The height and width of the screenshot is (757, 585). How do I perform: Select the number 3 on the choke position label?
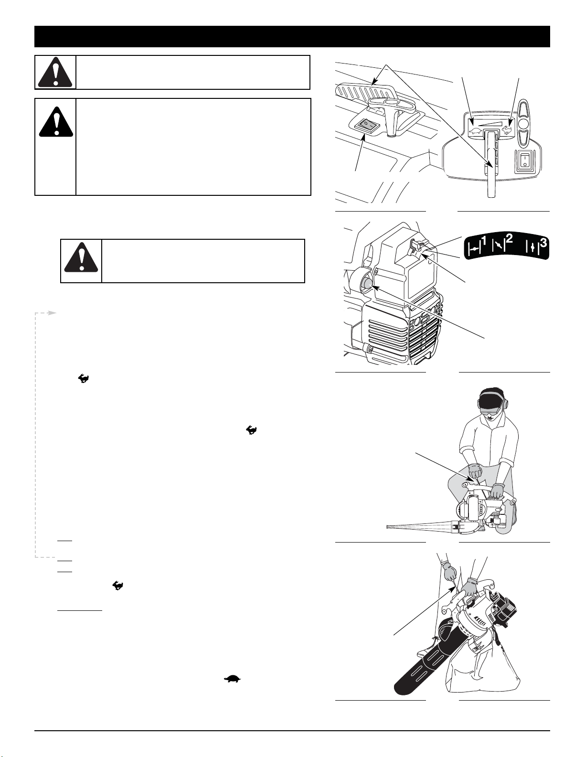pyautogui.click(x=543, y=243)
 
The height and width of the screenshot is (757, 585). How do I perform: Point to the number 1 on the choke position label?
pyautogui.click(x=483, y=240)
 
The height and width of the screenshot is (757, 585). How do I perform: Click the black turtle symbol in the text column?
pyautogui.click(x=232, y=678)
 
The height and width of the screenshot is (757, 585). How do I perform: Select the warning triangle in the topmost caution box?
pyautogui.click(x=55, y=73)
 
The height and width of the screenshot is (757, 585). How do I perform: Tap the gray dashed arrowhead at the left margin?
pyautogui.click(x=52, y=313)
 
